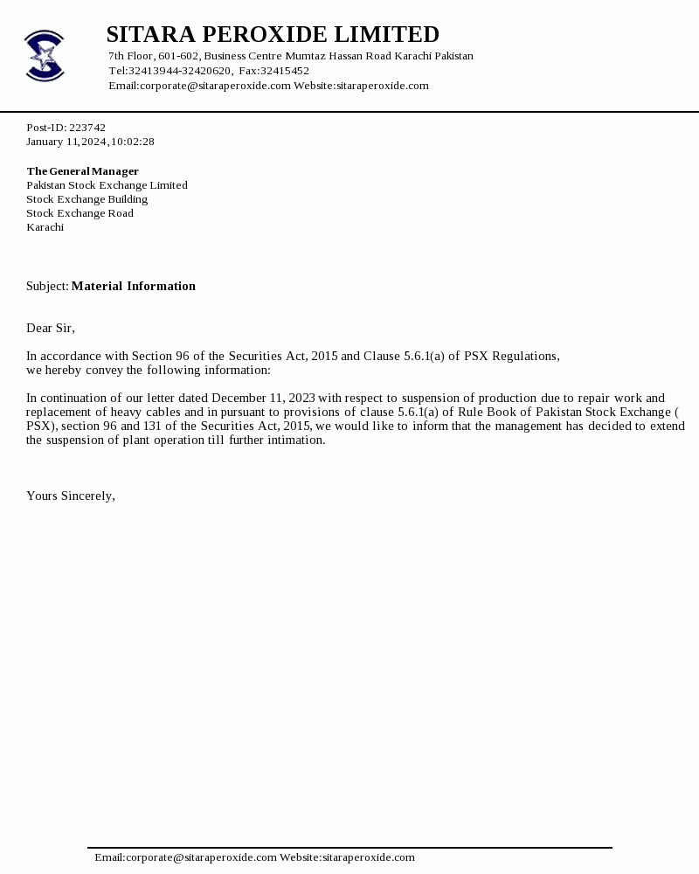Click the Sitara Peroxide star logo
point(45,56)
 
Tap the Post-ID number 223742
point(87,128)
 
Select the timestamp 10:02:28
point(132,142)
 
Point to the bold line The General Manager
point(82,171)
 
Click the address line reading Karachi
point(45,227)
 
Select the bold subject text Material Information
point(133,287)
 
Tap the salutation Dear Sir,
point(51,329)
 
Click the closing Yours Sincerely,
point(71,496)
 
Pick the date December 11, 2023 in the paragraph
point(262,399)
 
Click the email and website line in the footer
point(254,858)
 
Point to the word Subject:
point(47,287)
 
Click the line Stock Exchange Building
point(87,199)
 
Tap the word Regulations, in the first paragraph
point(525,357)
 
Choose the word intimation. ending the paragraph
point(296,440)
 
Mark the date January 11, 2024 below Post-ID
point(66,142)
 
